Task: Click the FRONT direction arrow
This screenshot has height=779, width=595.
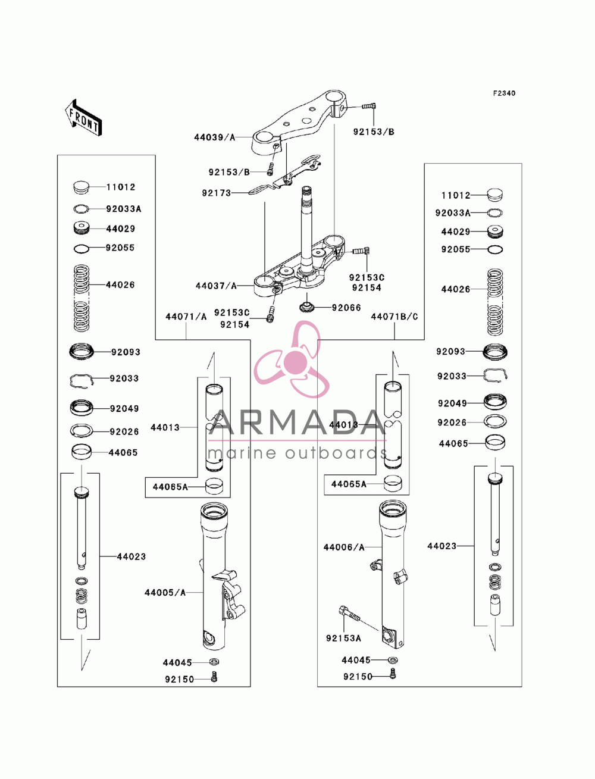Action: (83, 117)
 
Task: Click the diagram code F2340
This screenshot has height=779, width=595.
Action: (504, 93)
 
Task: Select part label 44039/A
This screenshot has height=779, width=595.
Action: (215, 137)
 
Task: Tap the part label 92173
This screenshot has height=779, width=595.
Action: (217, 193)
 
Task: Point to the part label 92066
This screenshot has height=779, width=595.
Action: (346, 308)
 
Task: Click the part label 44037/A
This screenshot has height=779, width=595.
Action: (216, 286)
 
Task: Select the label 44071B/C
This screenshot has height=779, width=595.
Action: (394, 317)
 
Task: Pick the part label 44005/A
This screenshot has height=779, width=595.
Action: (165, 593)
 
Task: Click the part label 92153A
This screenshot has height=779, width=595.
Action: (343, 639)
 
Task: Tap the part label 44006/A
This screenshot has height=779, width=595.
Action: (344, 548)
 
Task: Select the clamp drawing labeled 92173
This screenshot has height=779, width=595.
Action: (285, 176)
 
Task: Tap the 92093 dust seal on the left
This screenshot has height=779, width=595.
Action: (82, 351)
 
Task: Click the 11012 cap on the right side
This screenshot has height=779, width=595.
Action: (495, 195)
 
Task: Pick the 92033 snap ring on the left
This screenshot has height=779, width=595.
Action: (82, 381)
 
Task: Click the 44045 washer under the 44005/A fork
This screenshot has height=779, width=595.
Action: (214, 662)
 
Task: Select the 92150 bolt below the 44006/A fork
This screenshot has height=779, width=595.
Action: (393, 673)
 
